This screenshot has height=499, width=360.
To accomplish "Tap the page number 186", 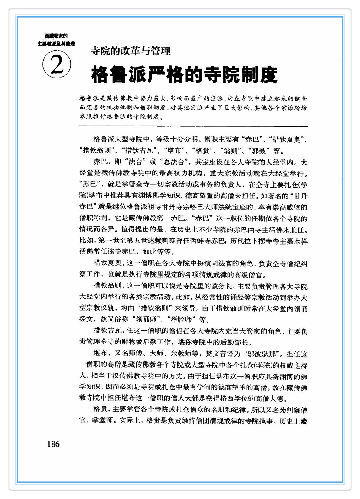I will (x=53, y=444).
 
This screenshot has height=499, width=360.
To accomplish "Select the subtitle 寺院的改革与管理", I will (x=130, y=51).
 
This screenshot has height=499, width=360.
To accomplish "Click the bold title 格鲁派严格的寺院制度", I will (x=184, y=75).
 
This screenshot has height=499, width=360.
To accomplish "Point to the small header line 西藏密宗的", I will (x=56, y=36).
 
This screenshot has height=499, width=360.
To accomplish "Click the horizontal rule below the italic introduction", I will (x=193, y=126).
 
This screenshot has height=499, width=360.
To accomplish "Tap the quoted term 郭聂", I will (x=258, y=151).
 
